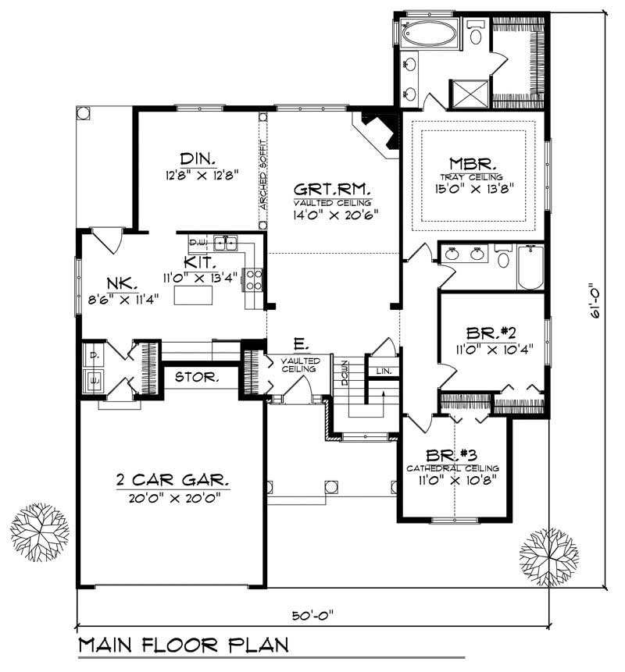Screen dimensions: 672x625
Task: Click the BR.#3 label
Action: pos(452,455)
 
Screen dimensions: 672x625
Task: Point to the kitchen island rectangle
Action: pos(192,296)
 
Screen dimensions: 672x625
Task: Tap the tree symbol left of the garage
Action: pos(40,532)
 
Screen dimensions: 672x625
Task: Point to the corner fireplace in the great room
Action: pos(378,130)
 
